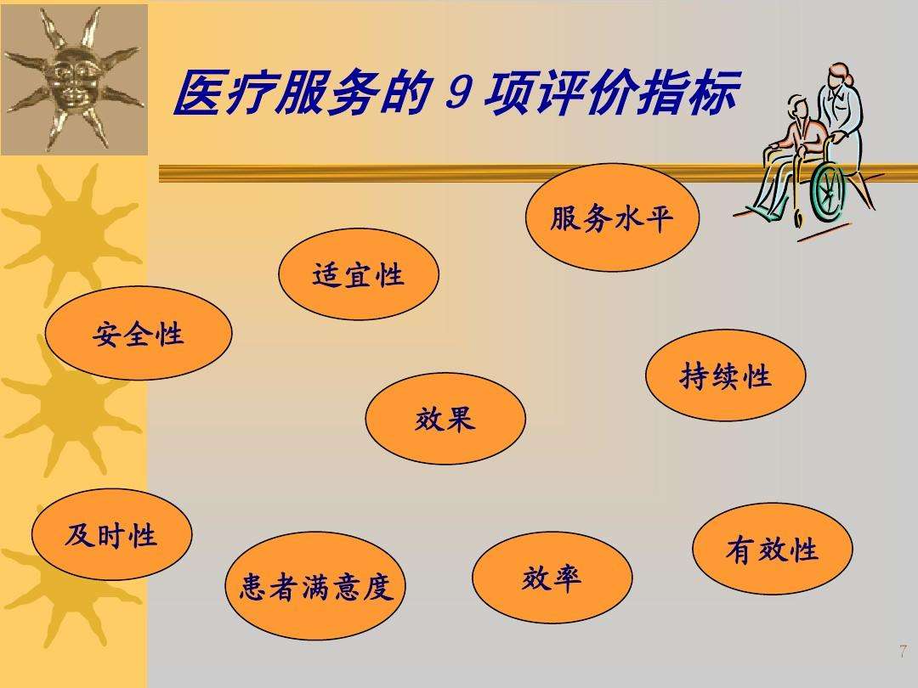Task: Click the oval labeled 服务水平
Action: click(612, 217)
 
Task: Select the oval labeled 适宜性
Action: click(359, 274)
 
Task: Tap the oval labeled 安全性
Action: click(139, 333)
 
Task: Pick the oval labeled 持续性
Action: click(725, 375)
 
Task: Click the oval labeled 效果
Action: click(445, 418)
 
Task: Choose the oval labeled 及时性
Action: click(112, 535)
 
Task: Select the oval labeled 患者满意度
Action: click(315, 585)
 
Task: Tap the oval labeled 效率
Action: click(552, 578)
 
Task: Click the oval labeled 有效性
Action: click(772, 549)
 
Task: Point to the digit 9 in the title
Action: click(458, 93)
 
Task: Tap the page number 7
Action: click(903, 651)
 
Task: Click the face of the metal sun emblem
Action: click(71, 81)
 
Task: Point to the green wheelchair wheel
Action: click(829, 191)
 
